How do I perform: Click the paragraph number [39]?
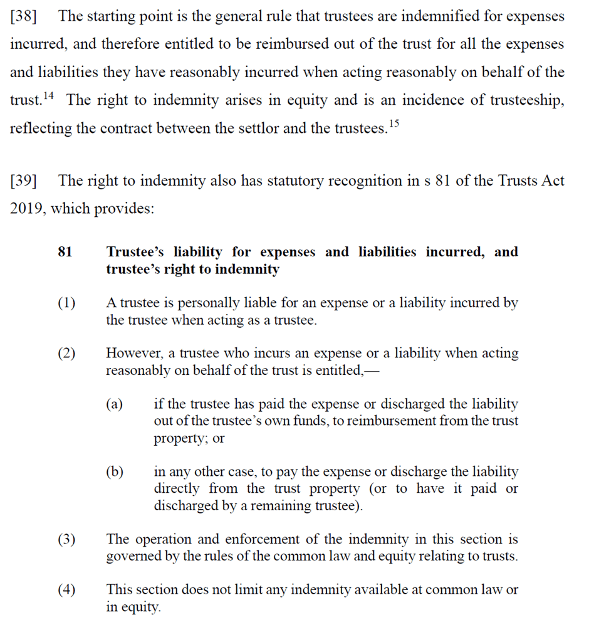point(23,181)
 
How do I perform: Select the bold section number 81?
point(65,252)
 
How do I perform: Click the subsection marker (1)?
point(66,303)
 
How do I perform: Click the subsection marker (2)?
point(66,354)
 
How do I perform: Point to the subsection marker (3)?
point(66,539)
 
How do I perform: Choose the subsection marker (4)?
point(66,590)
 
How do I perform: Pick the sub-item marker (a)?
point(114,404)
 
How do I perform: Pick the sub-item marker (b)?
point(114,471)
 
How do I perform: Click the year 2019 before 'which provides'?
point(27,209)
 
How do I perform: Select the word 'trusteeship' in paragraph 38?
point(525,100)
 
